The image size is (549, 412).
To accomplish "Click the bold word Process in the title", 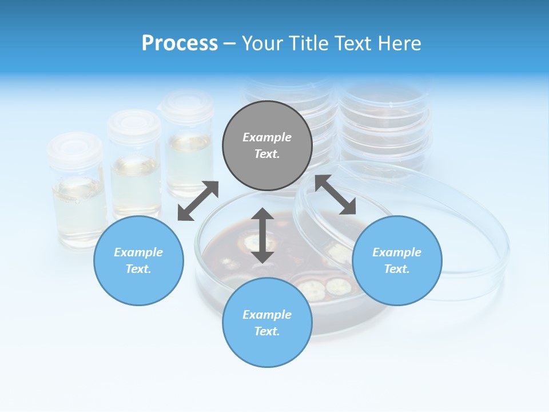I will coord(180,43).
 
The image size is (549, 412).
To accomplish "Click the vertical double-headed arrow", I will coord(262,235).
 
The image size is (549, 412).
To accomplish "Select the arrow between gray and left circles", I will coord(198,201).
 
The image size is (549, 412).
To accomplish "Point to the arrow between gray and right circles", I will coord(336,195).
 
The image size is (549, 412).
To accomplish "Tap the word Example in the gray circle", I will coord(267,137).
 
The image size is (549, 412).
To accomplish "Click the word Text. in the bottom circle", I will coord(267,331).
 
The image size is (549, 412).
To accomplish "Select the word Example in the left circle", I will coord(138,252).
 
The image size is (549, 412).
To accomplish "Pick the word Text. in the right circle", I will coord(397,269).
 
